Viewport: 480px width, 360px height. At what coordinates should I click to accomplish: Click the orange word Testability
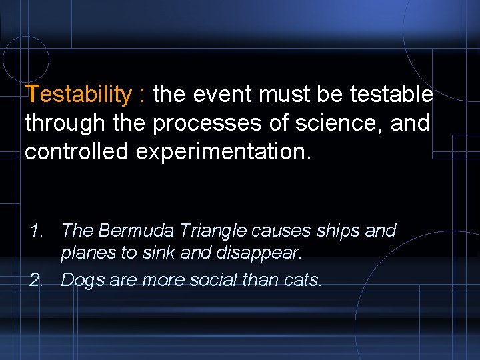79,95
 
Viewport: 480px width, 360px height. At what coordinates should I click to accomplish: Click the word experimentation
223,152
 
